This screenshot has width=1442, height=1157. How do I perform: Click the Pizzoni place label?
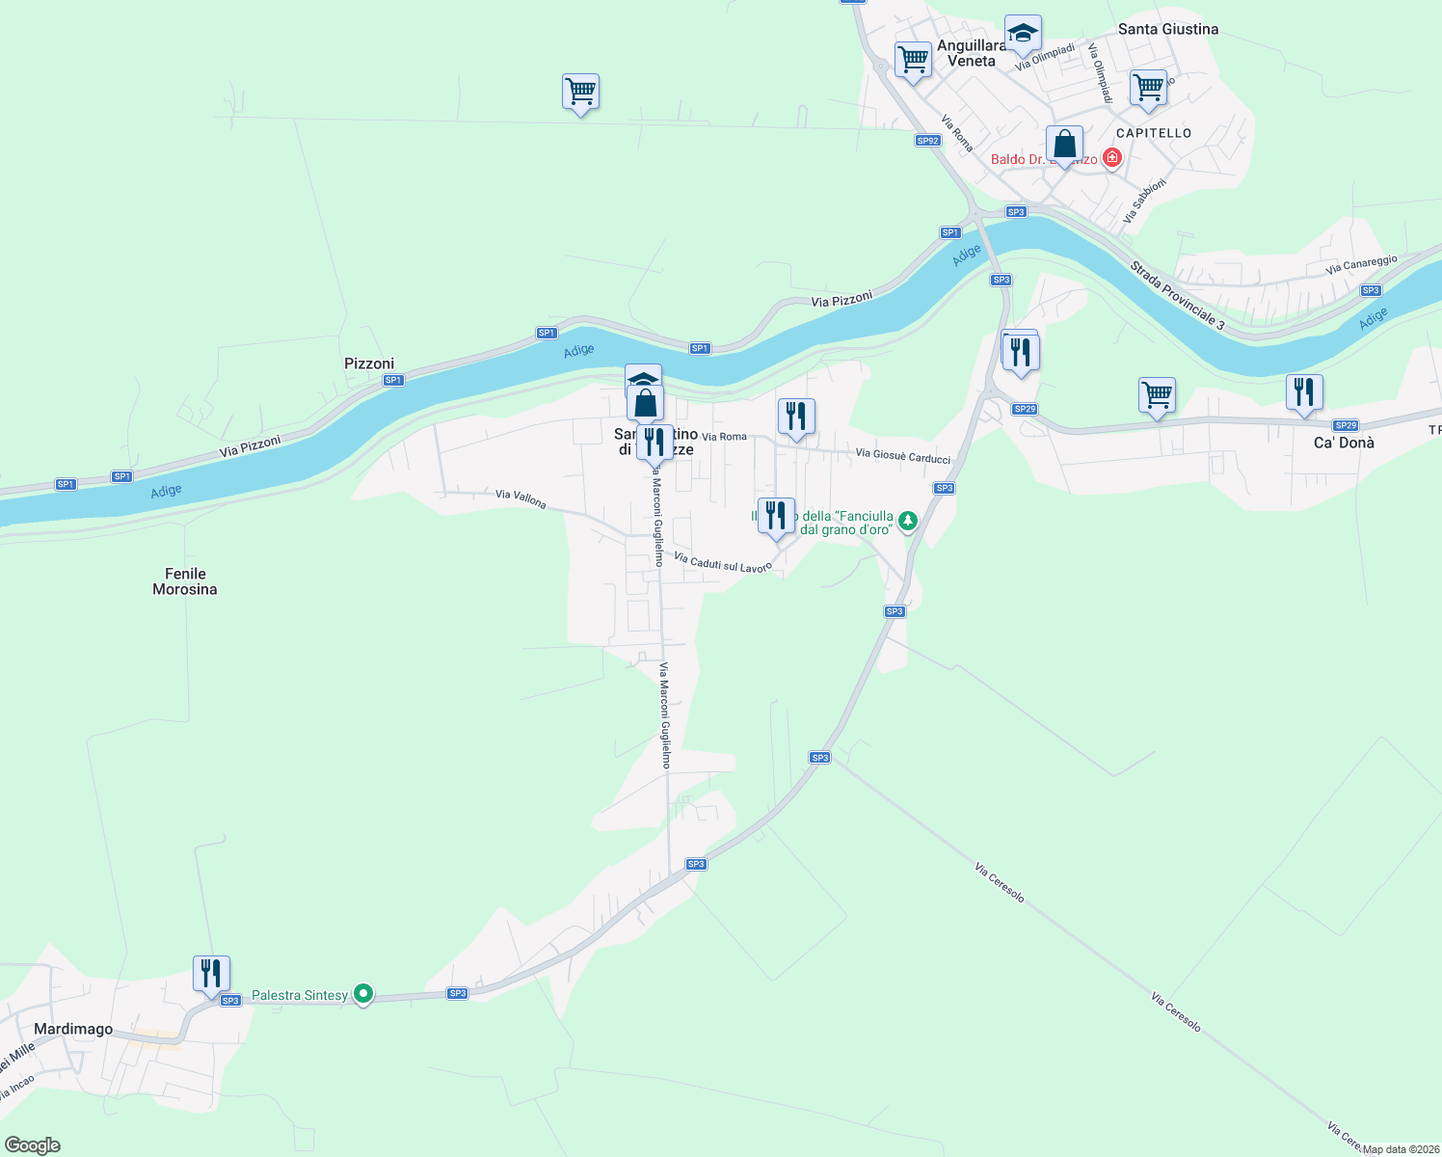click(x=369, y=363)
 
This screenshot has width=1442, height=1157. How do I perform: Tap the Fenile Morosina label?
click(x=185, y=581)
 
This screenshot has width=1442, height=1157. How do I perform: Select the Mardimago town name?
click(x=73, y=1029)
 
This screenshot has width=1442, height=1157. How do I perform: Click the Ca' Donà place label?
click(x=1344, y=443)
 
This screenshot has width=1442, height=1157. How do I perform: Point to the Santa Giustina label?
click(x=1168, y=29)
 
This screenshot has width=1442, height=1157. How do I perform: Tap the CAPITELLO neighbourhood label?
click(x=1154, y=133)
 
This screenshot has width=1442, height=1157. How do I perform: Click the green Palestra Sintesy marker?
click(x=363, y=993)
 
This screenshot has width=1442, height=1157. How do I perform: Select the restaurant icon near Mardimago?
click(x=211, y=973)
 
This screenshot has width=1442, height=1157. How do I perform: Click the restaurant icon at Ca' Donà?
click(x=1303, y=391)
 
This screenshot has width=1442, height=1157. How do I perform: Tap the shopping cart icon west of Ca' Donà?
click(x=1157, y=394)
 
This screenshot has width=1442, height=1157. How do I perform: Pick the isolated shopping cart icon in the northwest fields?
click(x=580, y=92)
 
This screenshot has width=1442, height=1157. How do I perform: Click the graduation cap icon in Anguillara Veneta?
click(x=1023, y=34)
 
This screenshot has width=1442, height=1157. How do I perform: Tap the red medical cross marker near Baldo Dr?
click(x=1112, y=157)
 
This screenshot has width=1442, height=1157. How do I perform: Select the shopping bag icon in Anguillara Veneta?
click(x=1064, y=145)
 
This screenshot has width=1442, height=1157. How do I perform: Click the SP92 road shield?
click(x=927, y=141)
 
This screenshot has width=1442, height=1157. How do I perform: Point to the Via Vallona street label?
click(x=521, y=499)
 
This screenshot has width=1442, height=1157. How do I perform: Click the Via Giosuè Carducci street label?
click(x=903, y=456)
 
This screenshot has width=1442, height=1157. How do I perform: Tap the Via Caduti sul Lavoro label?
click(x=723, y=562)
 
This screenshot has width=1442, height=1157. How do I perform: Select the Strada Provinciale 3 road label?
click(x=1177, y=296)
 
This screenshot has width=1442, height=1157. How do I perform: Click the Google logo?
click(x=33, y=1145)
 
